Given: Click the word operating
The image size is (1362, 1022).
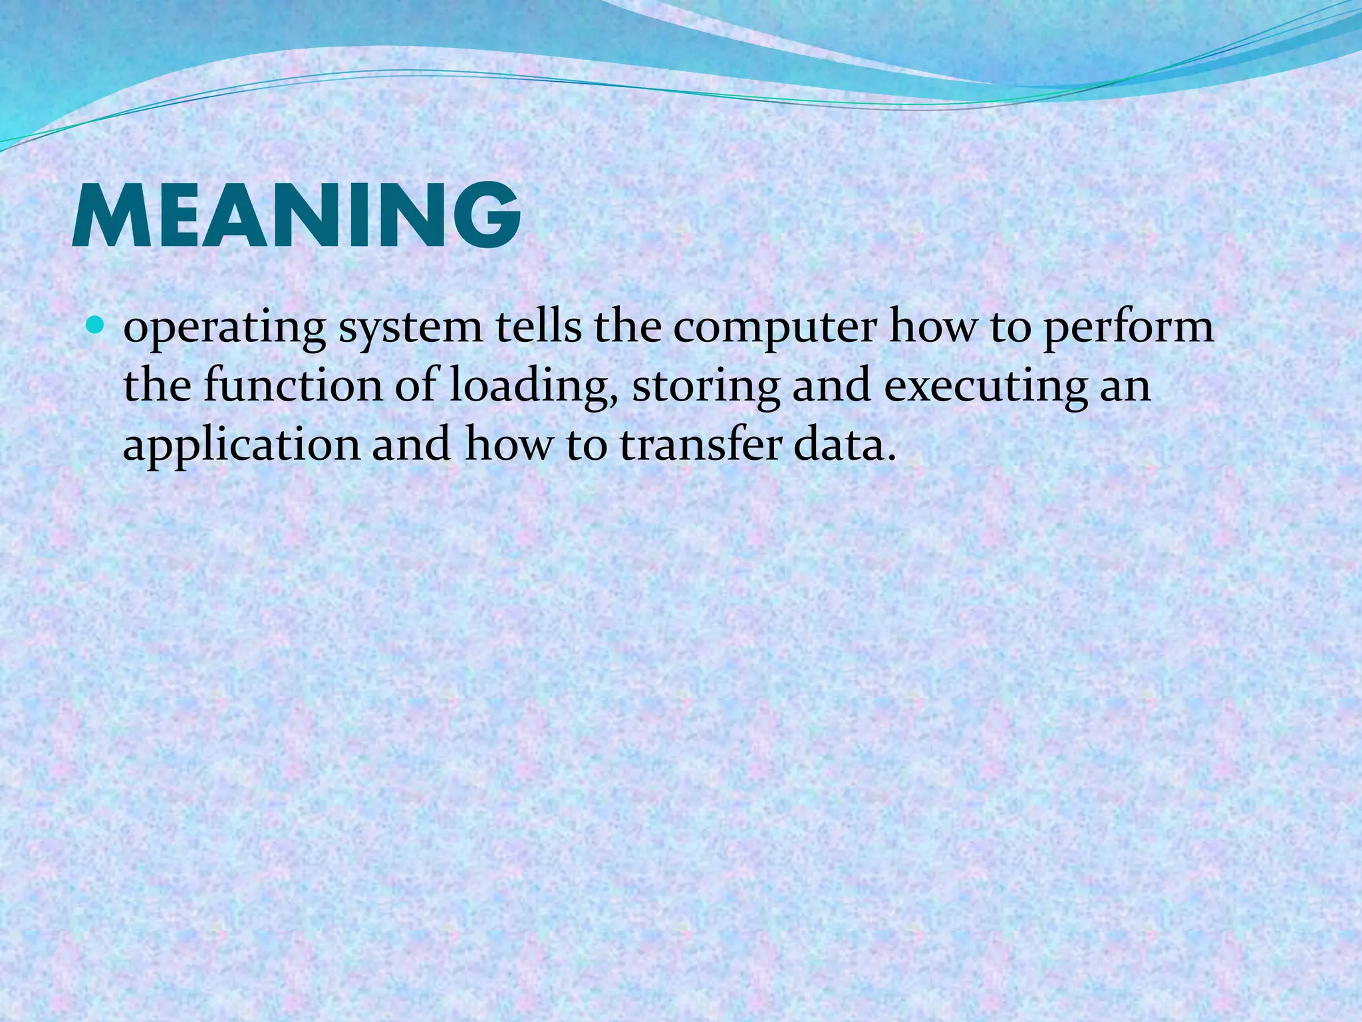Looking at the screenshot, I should pos(225,329).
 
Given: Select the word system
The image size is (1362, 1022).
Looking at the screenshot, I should pos(410,329).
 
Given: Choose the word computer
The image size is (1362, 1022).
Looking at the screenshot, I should pos(775,329).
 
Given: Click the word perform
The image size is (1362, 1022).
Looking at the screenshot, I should pos(1128,329).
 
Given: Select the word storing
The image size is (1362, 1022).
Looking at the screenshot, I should pos(706,388).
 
